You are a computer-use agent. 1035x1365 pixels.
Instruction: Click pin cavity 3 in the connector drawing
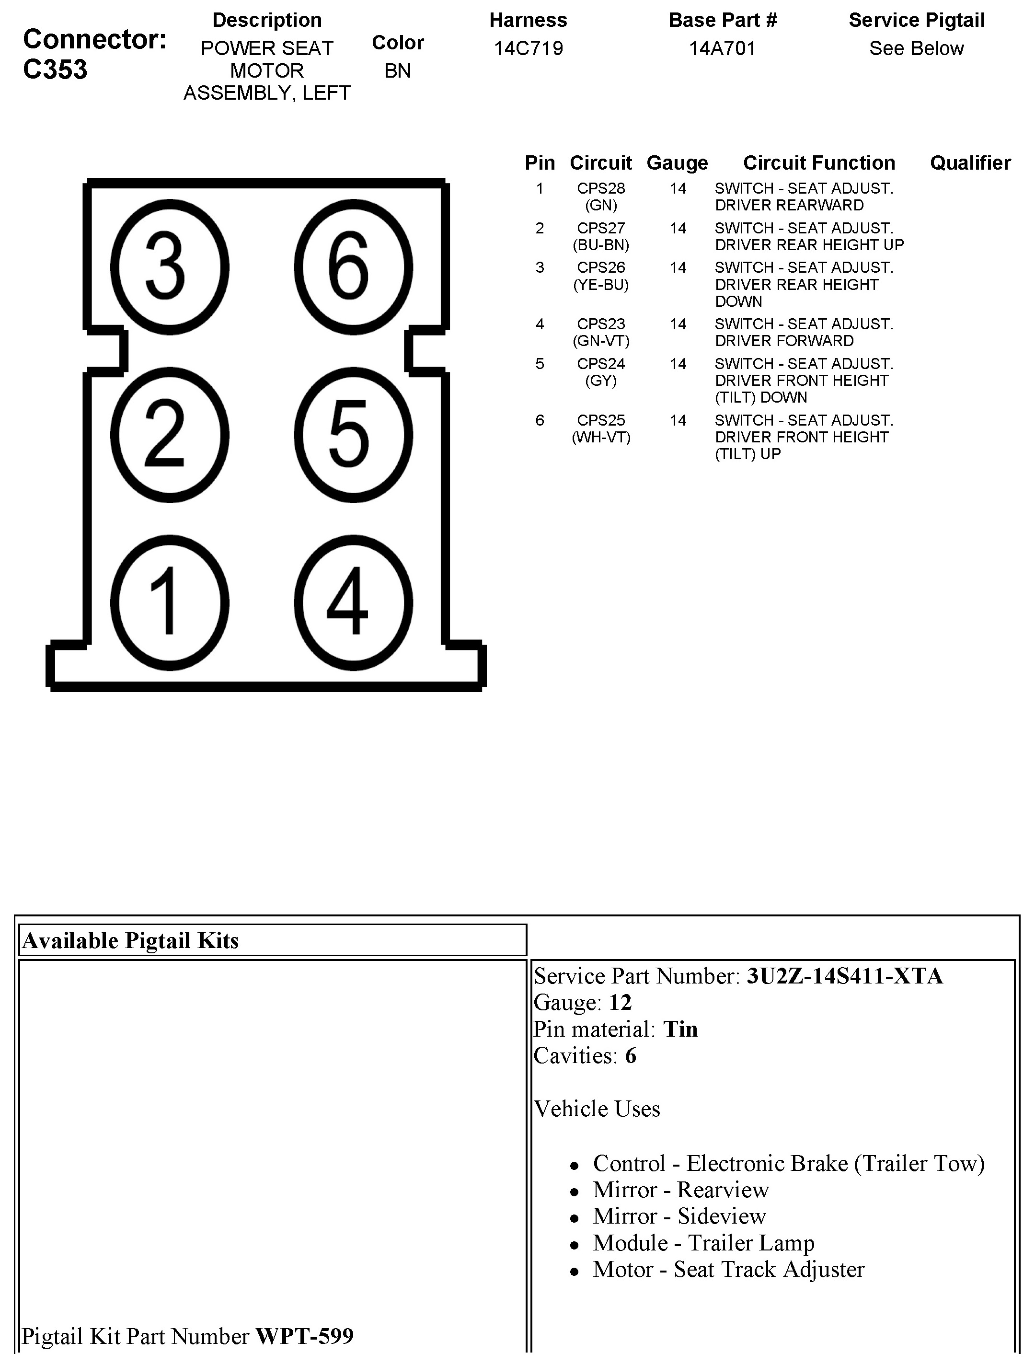point(169,266)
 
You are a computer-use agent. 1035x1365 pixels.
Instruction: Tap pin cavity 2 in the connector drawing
point(169,435)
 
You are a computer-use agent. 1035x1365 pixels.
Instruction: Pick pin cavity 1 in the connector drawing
point(169,603)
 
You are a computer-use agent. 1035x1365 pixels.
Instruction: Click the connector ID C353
point(56,69)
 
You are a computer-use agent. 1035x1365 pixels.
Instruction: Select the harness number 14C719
point(528,48)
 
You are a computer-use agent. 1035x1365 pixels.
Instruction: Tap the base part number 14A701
point(722,48)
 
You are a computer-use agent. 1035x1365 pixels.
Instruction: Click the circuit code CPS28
point(601,188)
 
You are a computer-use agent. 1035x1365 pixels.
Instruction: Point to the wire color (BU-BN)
point(601,245)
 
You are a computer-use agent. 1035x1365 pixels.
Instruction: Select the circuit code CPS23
point(601,324)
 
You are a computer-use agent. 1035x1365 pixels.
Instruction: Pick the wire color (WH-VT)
point(601,438)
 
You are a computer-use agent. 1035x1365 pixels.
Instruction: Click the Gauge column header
point(677,163)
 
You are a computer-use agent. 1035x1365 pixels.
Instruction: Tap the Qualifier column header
point(970,163)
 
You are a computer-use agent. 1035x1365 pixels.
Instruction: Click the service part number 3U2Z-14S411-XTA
point(844,976)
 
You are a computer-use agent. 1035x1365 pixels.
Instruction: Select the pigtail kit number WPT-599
point(305,1336)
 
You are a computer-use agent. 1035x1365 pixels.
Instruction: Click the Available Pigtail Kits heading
point(130,940)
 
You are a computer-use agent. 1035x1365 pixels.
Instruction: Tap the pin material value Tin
point(680,1030)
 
